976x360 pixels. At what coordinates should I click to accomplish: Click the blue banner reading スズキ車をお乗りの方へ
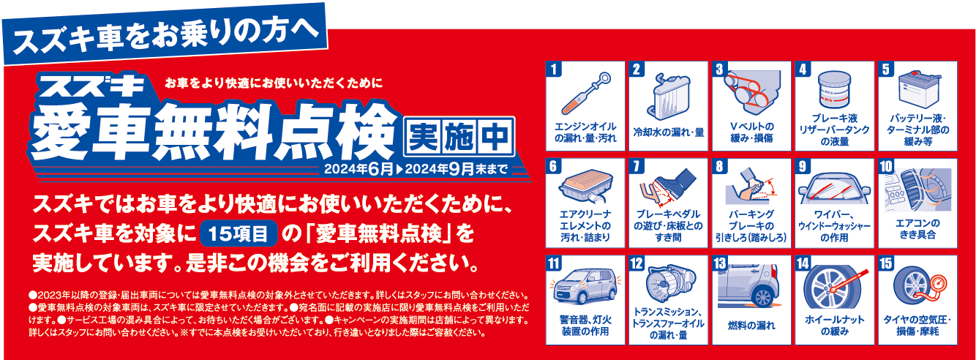click(165, 33)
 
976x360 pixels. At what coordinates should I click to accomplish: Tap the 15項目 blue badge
click(239, 233)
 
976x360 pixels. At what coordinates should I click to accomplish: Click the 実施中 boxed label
click(459, 136)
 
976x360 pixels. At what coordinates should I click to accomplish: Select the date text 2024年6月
click(359, 169)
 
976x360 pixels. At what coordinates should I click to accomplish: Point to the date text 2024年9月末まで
click(457, 169)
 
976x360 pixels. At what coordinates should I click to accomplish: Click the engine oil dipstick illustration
click(586, 94)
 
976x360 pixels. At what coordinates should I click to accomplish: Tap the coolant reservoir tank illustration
click(669, 97)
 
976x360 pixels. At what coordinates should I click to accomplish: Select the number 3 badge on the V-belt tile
click(719, 70)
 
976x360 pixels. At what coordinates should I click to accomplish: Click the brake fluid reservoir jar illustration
click(834, 90)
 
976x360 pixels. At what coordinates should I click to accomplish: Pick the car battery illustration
click(918, 89)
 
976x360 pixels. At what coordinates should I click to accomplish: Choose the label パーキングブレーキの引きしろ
click(751, 226)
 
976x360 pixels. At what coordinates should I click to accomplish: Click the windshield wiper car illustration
click(834, 190)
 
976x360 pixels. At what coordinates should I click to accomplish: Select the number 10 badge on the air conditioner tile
click(886, 167)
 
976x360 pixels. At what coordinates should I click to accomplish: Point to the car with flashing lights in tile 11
click(585, 286)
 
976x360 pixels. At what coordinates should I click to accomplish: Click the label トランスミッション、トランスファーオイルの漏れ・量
click(669, 323)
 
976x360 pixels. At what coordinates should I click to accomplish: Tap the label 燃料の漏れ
click(751, 325)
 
